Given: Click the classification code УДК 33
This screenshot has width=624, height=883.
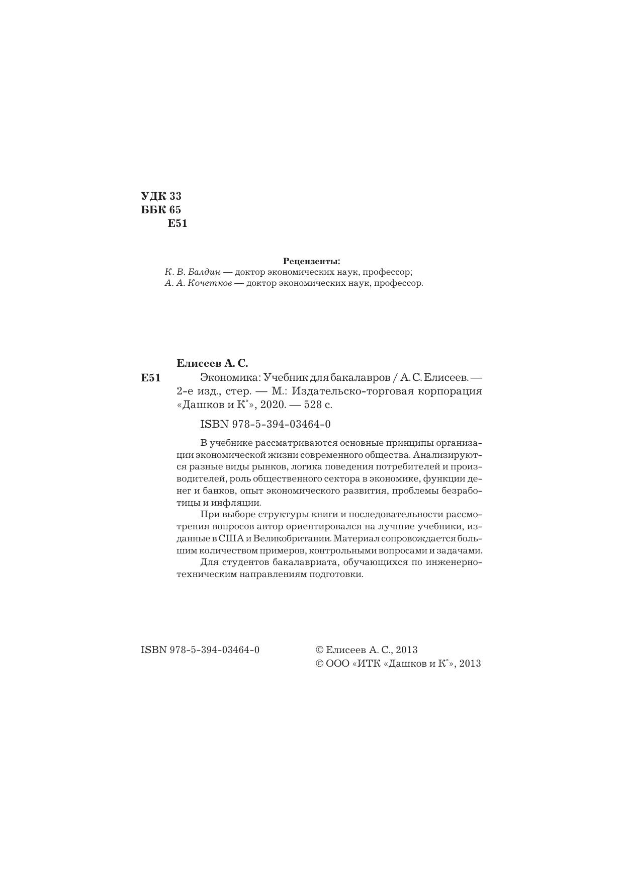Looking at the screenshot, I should [161, 196].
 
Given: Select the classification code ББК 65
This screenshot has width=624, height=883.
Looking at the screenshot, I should [161, 210].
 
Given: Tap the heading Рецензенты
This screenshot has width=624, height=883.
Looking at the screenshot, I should [311, 261].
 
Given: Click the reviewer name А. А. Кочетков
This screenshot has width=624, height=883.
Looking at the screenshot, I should [198, 283].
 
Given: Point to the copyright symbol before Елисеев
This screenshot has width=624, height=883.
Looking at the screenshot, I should [319, 650].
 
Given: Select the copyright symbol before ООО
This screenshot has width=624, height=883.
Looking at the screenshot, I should [319, 664].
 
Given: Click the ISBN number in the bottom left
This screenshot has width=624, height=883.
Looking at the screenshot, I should [200, 650].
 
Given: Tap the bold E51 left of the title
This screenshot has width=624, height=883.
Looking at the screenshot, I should [151, 377].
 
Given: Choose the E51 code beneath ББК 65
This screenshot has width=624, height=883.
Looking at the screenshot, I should [177, 224].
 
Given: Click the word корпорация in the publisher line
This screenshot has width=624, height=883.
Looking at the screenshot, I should [454, 391].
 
